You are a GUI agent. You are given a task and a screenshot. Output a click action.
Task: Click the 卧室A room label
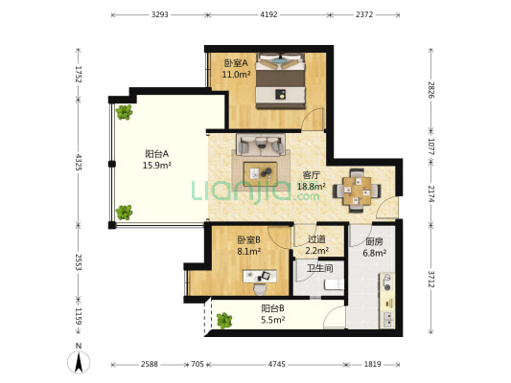[236, 62]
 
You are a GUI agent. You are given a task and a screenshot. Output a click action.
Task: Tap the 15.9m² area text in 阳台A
[157, 166]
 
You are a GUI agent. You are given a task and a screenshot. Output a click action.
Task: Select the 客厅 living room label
[312, 175]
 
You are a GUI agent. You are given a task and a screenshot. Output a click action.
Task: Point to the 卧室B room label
[248, 239]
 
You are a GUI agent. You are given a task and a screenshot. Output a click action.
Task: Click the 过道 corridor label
[316, 239]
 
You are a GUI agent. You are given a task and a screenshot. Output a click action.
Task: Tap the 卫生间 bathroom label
[319, 268]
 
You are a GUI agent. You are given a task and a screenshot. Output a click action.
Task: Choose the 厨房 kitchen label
[374, 241]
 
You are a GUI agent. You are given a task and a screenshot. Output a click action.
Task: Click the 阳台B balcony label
[273, 307]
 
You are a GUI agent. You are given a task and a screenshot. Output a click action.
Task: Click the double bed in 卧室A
[281, 81]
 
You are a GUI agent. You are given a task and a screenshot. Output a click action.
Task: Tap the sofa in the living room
[261, 145]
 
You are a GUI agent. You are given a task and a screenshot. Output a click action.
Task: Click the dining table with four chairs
[357, 191]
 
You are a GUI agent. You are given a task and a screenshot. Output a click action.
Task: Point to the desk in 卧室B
[260, 277]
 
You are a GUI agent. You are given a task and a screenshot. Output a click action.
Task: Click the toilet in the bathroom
[334, 284]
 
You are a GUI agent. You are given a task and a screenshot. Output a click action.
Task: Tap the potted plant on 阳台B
[224, 320]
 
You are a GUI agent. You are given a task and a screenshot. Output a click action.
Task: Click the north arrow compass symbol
[79, 362]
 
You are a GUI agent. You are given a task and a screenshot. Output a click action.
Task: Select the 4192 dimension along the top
[268, 14]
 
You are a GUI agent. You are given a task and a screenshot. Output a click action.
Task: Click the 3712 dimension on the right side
[431, 279]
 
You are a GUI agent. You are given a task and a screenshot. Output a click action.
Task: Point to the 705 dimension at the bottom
[197, 364]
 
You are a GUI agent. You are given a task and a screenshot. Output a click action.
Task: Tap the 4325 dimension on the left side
[79, 162]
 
